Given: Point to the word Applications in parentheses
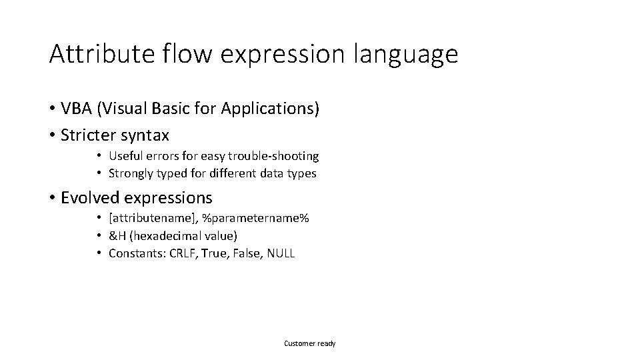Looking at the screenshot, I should [273, 108].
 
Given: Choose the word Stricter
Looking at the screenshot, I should [88, 135].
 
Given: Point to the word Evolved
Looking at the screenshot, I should [90, 198].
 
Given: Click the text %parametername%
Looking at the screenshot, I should [249, 219].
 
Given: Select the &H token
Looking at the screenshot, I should [117, 236].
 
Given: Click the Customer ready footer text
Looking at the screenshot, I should [310, 343].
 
